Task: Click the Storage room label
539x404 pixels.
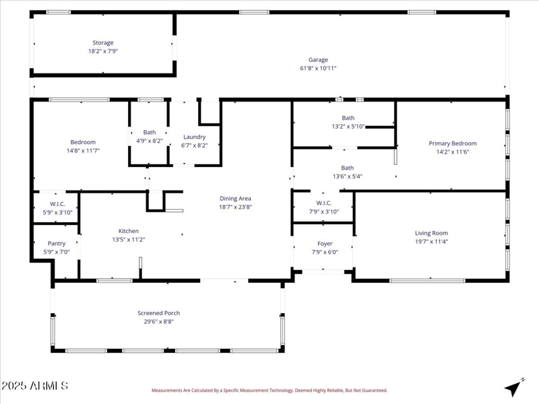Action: coord(103,42)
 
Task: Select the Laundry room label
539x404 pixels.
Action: coord(195,137)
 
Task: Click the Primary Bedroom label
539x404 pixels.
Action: coord(453,143)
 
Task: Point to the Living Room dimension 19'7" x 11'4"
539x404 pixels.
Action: coord(431,242)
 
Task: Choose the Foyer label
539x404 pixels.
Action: coord(325,244)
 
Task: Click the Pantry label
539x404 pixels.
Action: coord(57,243)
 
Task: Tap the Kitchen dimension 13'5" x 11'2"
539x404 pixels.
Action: coord(129,239)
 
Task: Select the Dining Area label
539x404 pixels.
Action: coord(235,198)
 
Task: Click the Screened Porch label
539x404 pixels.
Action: coord(158,312)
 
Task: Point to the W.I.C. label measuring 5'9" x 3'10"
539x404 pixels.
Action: coord(57,203)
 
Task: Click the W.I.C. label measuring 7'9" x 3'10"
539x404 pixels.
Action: coord(323,203)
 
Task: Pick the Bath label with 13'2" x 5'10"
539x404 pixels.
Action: coord(348,118)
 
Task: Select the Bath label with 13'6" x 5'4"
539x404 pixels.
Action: coord(347,168)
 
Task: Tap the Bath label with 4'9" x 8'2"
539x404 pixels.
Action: coord(149,132)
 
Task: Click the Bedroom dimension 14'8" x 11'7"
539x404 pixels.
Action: coord(83,151)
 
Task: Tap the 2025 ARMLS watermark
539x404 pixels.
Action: coord(34,386)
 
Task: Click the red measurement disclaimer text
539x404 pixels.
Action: coord(269,391)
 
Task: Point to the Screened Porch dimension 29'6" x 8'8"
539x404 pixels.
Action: coord(158,321)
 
